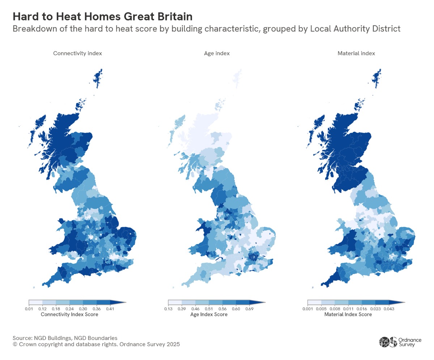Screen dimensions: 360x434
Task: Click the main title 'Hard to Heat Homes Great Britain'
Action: (x=102, y=17)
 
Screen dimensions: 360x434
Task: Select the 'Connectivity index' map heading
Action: (x=77, y=53)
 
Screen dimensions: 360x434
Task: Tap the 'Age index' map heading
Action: (x=217, y=53)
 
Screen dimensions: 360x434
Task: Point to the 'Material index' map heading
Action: (x=356, y=53)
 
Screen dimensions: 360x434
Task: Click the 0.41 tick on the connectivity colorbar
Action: (x=110, y=308)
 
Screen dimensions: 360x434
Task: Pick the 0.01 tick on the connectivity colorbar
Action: (x=29, y=308)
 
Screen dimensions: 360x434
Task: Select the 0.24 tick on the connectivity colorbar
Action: (x=69, y=308)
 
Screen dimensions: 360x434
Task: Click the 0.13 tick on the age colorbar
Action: (x=168, y=308)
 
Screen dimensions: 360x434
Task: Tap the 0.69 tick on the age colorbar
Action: (x=250, y=308)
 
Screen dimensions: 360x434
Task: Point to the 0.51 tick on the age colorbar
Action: (x=209, y=308)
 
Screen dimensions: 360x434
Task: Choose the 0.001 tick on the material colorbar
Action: (x=307, y=308)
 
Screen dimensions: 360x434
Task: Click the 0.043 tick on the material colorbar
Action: (x=389, y=308)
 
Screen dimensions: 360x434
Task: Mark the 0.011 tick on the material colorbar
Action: (x=348, y=308)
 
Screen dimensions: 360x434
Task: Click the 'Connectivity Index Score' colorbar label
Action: (x=69, y=314)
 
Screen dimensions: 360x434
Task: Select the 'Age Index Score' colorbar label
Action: (x=209, y=314)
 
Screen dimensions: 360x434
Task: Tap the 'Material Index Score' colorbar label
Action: (x=348, y=314)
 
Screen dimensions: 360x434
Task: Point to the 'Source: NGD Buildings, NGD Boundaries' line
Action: (x=65, y=338)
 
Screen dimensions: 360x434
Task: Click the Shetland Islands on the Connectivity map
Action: (x=98, y=78)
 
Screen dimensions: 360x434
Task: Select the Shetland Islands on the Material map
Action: (x=377, y=78)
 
